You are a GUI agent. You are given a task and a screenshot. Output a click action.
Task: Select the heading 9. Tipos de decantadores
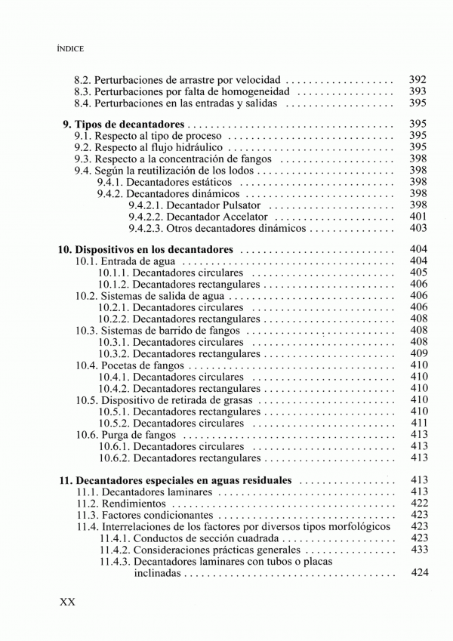(122, 123)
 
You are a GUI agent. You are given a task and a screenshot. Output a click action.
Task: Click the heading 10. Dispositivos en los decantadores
(146, 248)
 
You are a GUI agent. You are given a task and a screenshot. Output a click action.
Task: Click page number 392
(418, 79)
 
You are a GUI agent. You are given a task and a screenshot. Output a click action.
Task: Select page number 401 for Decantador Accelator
(418, 217)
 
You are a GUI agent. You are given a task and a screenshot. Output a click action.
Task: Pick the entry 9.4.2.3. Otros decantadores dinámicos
(217, 228)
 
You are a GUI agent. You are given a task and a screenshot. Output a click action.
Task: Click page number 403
(418, 228)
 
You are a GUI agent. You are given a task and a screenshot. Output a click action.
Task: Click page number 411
(419, 423)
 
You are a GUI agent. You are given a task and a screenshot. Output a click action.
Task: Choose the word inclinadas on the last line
(159, 573)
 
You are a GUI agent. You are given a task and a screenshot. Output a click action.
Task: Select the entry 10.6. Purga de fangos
(126, 434)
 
